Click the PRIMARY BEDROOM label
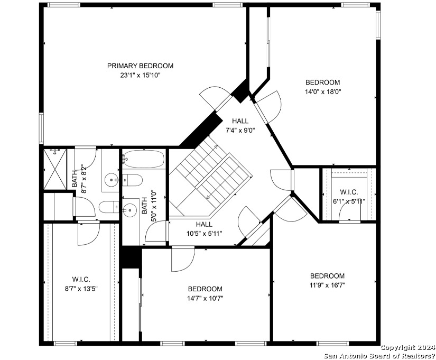pyautogui.click(x=140, y=66)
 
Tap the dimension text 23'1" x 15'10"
pyautogui.click(x=141, y=75)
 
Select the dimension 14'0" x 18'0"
pyautogui.click(x=323, y=91)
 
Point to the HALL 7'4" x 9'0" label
pyautogui.click(x=240, y=125)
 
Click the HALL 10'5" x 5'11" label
pyautogui.click(x=205, y=229)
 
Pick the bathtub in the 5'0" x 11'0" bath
pyautogui.click(x=143, y=159)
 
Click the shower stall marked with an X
pyautogui.click(x=55, y=169)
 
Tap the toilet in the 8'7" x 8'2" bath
pyautogui.click(x=109, y=207)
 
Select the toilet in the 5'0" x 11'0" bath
pyautogui.click(x=132, y=180)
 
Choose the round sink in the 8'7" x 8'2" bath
pyautogui.click(x=112, y=180)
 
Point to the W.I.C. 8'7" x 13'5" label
pyautogui.click(x=81, y=284)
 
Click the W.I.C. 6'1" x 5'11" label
pyautogui.click(x=349, y=197)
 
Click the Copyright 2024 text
pyautogui.click(x=407, y=347)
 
